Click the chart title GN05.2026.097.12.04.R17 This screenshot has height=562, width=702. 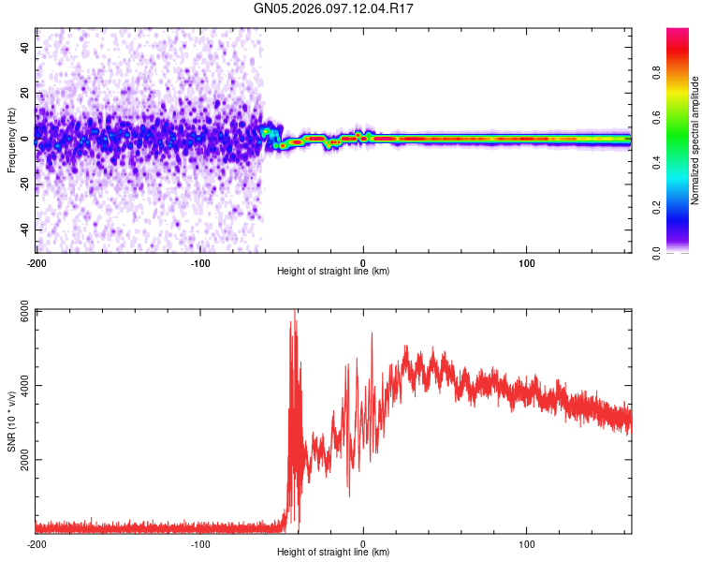tap(334, 8)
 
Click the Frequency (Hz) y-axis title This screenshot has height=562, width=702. tap(11, 140)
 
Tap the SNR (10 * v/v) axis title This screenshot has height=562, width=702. tap(11, 421)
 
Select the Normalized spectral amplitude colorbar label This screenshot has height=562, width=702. tap(695, 140)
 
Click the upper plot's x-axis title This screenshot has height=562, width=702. tap(333, 271)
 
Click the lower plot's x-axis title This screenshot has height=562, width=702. tap(333, 552)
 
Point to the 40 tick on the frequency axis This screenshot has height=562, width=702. tap(24, 47)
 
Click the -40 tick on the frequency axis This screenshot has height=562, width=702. tap(24, 229)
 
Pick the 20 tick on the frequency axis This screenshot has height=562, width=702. tap(24, 93)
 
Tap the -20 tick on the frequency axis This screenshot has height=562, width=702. tap(24, 185)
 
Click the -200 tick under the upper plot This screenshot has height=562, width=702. tap(37, 261)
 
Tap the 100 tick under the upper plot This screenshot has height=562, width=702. tap(526, 261)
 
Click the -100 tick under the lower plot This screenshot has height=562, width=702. tap(199, 542)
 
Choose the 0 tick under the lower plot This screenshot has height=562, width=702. tap(363, 542)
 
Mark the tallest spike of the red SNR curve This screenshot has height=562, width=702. tap(295, 312)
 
